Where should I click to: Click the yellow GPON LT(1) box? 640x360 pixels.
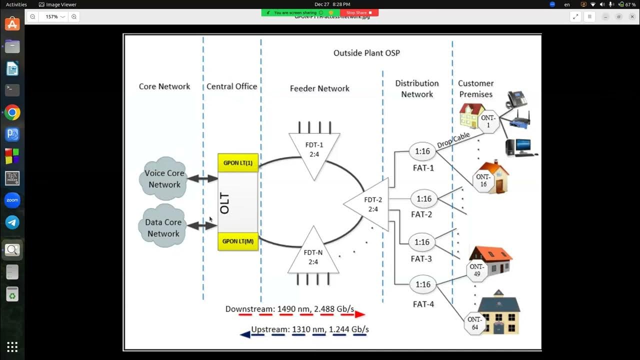click(237, 163)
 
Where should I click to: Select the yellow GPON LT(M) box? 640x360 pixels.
click(237, 241)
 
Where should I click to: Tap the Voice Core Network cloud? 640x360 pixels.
click(164, 178)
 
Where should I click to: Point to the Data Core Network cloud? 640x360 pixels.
click(163, 227)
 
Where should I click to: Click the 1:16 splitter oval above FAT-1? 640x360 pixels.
click(422, 151)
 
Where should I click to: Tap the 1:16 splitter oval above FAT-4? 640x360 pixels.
click(422, 284)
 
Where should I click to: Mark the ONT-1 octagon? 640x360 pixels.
click(488, 121)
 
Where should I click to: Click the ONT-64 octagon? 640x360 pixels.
click(474, 323)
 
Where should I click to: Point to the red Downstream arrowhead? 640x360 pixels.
click(360, 314)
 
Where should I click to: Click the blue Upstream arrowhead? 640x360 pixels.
click(245, 334)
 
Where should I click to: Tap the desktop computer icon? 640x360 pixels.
click(518, 147)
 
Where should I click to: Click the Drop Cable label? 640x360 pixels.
click(453, 140)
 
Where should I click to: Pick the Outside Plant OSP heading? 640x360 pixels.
click(366, 53)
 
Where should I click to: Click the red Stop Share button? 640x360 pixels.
click(359, 12)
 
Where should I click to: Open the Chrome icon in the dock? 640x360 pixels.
click(12, 112)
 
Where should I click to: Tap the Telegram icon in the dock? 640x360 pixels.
click(12, 222)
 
